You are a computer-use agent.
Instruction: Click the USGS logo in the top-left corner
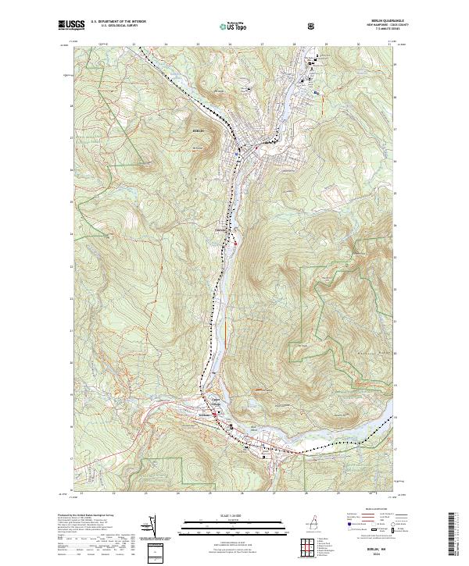click(71, 25)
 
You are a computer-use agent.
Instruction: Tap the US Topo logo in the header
click(234, 26)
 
